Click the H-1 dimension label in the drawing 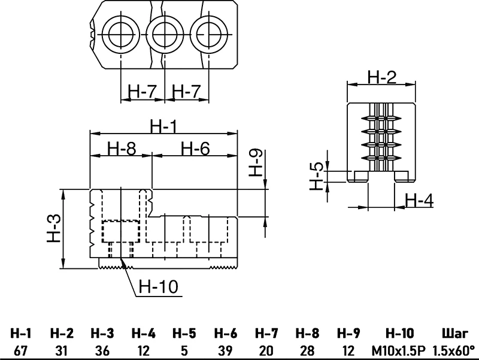(x=163, y=126)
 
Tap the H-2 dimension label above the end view (x=382, y=77)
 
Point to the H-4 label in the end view (x=419, y=199)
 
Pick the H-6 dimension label (x=195, y=148)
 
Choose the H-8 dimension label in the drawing (x=122, y=148)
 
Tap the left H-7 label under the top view (x=143, y=92)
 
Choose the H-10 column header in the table (x=399, y=333)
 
